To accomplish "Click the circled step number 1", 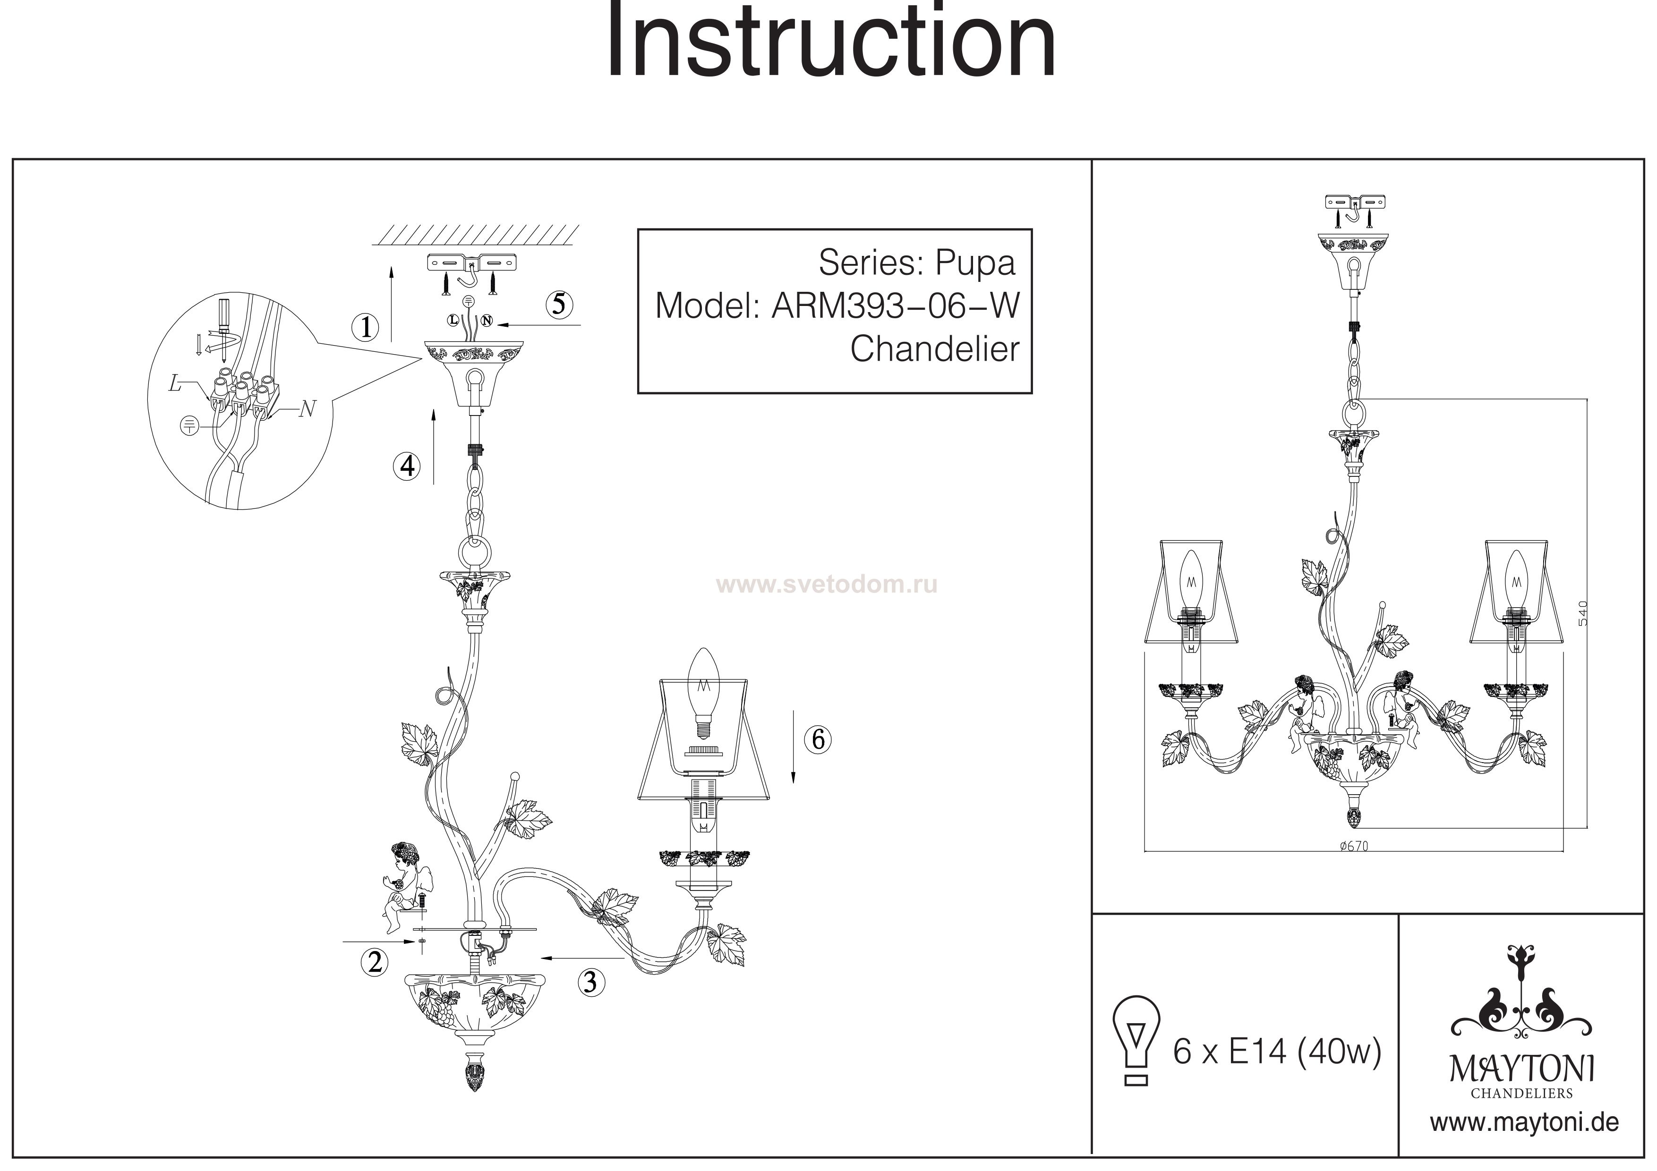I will [x=366, y=328].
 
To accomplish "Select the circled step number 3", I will [x=590, y=982].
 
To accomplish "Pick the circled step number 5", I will [x=559, y=305].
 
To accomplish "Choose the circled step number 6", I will [x=818, y=739].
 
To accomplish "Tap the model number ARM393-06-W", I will [x=895, y=306].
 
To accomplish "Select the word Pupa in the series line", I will [x=975, y=264].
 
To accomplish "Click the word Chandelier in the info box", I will [x=935, y=349].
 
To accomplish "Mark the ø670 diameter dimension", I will [x=1353, y=847].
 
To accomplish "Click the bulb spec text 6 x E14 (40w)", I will [x=1276, y=1052].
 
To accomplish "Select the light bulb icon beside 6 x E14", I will [x=1136, y=1041].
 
